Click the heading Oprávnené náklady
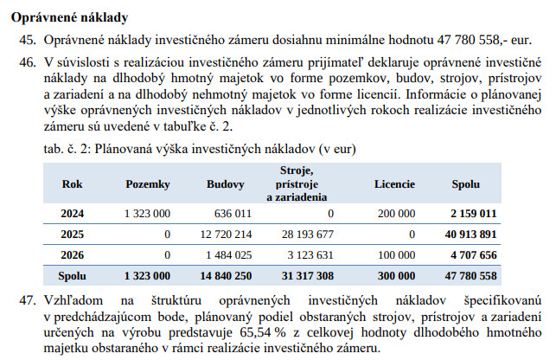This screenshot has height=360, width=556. tap(68, 16)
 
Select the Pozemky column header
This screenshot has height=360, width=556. tap(148, 184)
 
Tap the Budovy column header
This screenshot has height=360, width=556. tap(225, 184)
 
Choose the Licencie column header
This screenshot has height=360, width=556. tap(394, 184)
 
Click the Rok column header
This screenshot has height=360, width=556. tap(73, 184)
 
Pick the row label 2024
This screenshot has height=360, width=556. tap(73, 213)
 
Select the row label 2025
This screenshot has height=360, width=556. tap(73, 234)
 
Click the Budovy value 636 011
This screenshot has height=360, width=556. tap(230, 213)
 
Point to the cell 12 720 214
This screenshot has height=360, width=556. tap(224, 234)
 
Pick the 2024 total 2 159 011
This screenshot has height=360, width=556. tap(473, 213)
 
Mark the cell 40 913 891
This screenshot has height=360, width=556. tap(470, 234)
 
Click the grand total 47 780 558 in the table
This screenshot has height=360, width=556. tap(470, 275)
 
